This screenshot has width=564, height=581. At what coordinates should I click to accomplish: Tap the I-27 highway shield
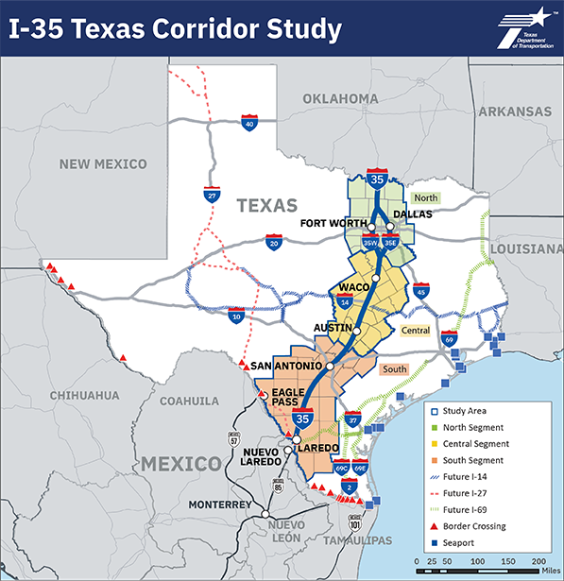click(213, 195)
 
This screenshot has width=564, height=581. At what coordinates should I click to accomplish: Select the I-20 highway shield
click(274, 242)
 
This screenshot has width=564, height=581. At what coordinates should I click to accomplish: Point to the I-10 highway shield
click(237, 316)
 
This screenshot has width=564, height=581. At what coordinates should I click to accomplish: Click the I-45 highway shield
click(422, 290)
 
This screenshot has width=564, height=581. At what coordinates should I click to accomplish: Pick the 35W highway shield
click(370, 242)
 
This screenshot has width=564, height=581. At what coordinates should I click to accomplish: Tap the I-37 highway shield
click(352, 418)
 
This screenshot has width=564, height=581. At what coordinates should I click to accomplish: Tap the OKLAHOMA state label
click(341, 98)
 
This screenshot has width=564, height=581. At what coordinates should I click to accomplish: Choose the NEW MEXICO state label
click(103, 163)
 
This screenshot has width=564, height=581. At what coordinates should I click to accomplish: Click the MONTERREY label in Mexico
click(222, 505)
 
